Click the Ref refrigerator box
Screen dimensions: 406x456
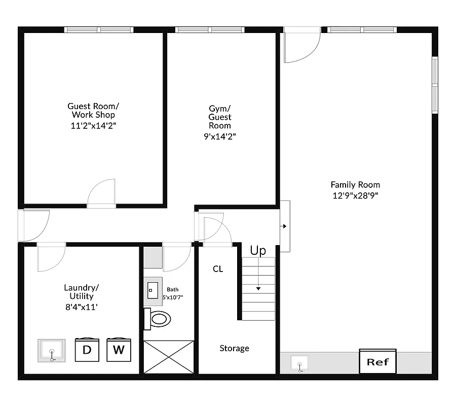[x=377, y=362]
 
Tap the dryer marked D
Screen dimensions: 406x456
[x=87, y=350]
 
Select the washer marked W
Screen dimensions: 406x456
[x=119, y=350]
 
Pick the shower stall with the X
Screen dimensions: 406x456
[x=169, y=357]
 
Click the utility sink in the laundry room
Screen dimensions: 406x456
[x=51, y=351]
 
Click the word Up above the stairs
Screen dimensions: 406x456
[x=258, y=251]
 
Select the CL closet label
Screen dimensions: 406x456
[x=218, y=269]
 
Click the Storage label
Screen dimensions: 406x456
[x=234, y=348]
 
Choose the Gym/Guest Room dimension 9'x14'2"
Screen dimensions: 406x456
[x=219, y=136]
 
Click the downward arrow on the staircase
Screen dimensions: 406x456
[x=258, y=288]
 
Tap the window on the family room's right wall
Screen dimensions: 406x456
[x=435, y=85]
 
